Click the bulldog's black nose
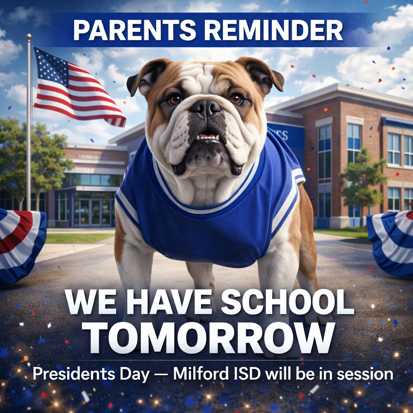coord(206,108)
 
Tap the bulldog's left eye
coord(175,100)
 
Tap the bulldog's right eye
coord(236,98)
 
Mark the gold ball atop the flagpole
coord(29,37)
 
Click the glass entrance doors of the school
coord(90,212)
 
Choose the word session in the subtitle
coord(365,374)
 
